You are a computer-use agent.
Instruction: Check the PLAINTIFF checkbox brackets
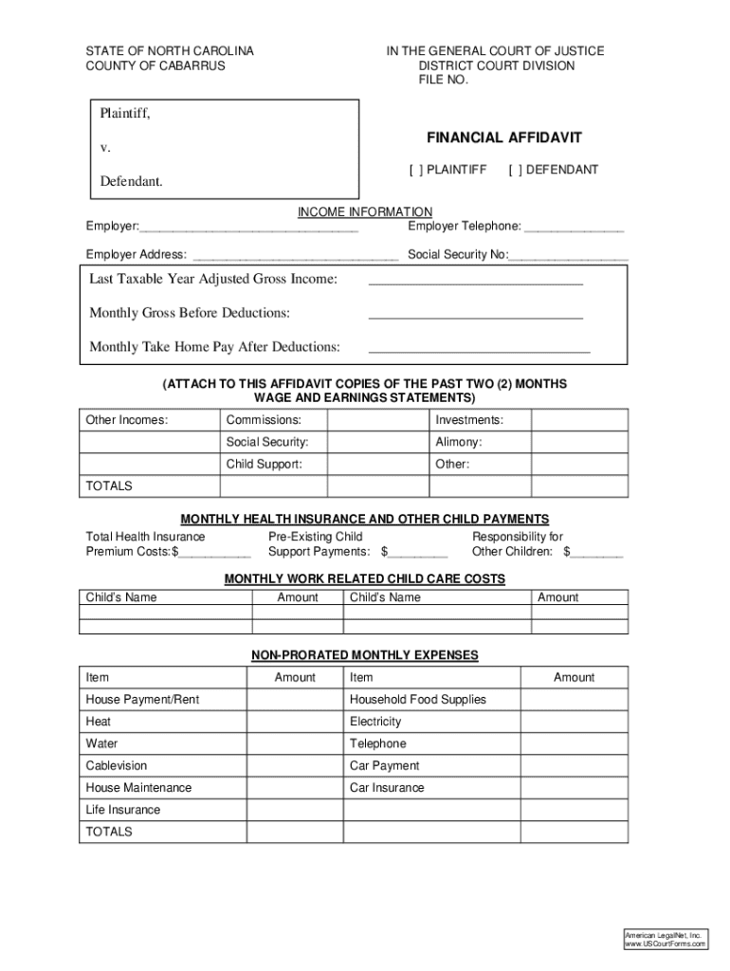[x=415, y=170]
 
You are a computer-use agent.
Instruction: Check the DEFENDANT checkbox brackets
[x=515, y=170]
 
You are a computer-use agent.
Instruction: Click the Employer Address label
[x=137, y=254]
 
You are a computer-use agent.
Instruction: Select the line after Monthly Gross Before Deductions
[x=475, y=317]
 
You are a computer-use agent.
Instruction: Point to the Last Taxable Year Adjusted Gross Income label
[x=213, y=279]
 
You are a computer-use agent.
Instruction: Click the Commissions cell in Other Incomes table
[x=264, y=420]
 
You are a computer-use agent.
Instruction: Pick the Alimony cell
[x=459, y=442]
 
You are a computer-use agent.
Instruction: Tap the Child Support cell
[x=265, y=465]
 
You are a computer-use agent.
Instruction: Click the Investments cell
[x=469, y=420]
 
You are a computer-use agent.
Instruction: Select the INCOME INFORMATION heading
[x=365, y=211]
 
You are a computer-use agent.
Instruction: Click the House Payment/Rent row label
[x=143, y=700]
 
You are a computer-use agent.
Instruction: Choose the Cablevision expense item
[x=117, y=765]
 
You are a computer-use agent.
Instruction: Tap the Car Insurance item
[x=387, y=788]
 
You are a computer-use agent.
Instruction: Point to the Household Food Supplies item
[x=418, y=700]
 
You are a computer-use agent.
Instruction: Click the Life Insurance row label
[x=123, y=810]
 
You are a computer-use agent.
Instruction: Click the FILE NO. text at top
[x=444, y=81]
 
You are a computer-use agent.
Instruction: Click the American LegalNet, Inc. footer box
[x=665, y=939]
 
